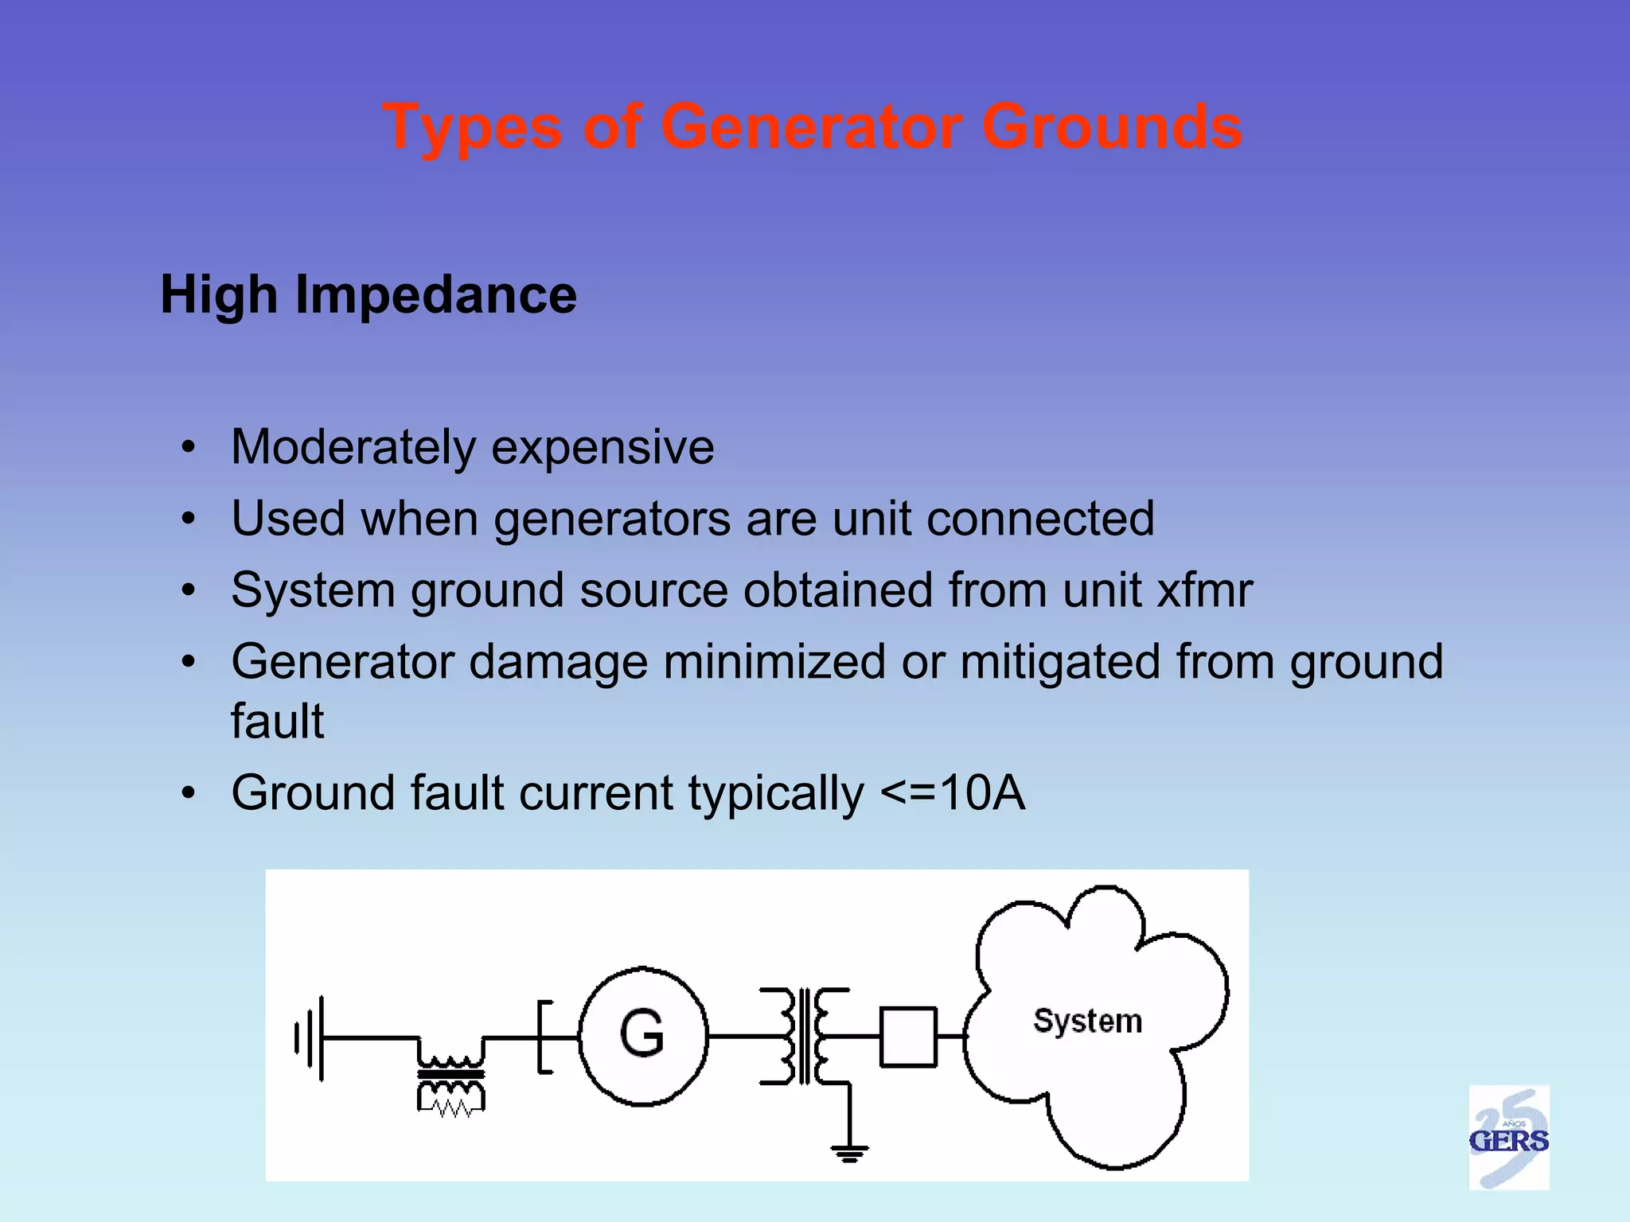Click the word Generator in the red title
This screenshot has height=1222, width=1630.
(812, 126)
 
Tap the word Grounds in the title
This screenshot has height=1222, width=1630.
(1112, 126)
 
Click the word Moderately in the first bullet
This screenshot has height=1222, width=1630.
(353, 447)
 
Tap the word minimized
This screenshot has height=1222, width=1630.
(774, 662)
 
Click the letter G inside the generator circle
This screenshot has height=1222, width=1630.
(641, 1033)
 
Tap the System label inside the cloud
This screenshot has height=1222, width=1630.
(1087, 1021)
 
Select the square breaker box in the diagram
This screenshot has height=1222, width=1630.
(908, 1037)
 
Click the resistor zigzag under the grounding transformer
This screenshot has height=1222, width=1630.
(451, 1107)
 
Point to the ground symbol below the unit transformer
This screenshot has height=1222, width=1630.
(849, 1152)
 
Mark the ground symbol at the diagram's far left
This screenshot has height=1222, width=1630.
(310, 1037)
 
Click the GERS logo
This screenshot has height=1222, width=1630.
(1508, 1138)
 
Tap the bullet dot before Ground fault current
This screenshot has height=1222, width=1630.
(188, 793)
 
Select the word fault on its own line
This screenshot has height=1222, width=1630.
(277, 722)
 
